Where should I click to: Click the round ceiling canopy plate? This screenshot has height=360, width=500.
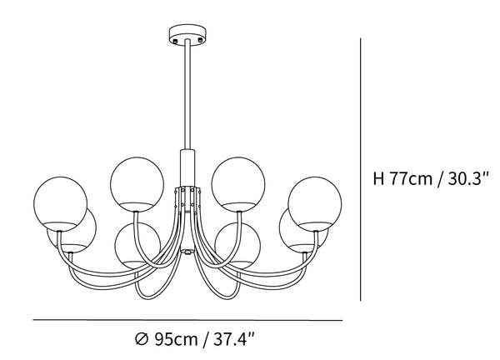coord(187,33)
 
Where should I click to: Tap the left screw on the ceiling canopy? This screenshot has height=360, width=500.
coord(174,41)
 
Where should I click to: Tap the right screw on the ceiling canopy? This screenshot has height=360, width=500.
coord(200,40)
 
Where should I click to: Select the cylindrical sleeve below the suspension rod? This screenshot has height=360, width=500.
coord(187,167)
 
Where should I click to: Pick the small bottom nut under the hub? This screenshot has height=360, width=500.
coord(187,252)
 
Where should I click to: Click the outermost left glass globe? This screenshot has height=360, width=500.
coord(60,204)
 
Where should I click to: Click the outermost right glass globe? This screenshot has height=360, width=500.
coord(315,204)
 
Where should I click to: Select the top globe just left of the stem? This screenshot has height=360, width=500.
coord(137,184)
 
